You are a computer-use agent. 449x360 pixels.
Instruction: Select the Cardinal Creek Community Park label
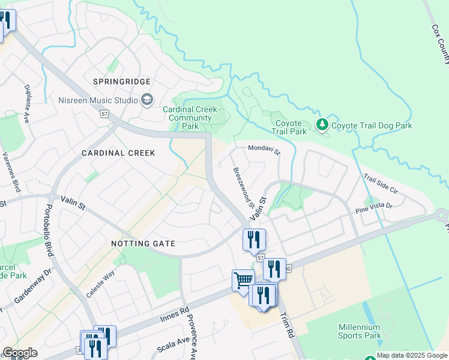190,118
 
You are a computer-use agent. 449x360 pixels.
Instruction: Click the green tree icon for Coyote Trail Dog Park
323,125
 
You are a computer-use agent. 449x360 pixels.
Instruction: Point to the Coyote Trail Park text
289,127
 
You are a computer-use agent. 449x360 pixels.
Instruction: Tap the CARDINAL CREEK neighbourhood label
118,153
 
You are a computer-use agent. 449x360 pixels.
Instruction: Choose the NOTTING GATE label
143,244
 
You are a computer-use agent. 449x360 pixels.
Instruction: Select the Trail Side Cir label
381,183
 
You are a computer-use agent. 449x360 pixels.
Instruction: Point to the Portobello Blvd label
49,232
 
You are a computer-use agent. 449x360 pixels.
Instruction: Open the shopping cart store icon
243,280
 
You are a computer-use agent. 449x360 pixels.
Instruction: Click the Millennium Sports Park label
359,331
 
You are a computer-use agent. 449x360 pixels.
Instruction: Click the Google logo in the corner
19,353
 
